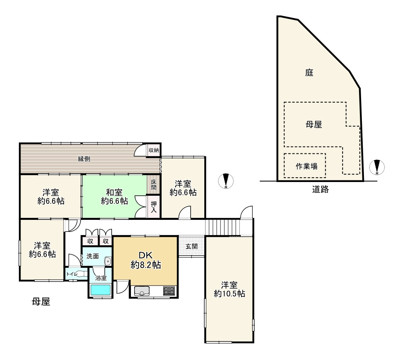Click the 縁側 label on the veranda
pyautogui.click(x=84, y=159)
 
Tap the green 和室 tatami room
pyautogui.click(x=114, y=197)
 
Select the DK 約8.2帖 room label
pyautogui.click(x=145, y=260)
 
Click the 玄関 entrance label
pyautogui.click(x=191, y=246)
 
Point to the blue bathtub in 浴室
pyautogui.click(x=100, y=290)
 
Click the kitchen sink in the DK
pyautogui.click(x=142, y=291)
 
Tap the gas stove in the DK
pyautogui.click(x=169, y=290)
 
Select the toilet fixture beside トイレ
pyautogui.click(x=80, y=274)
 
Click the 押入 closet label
pyautogui.click(x=154, y=207)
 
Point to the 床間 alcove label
pyautogui.click(x=154, y=185)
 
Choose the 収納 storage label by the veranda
pyautogui.click(x=154, y=150)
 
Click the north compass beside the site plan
pyautogui.click(x=377, y=167)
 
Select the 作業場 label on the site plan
pyautogui.click(x=305, y=166)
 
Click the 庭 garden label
pyautogui.click(x=309, y=73)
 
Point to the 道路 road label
pyautogui.click(x=320, y=189)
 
